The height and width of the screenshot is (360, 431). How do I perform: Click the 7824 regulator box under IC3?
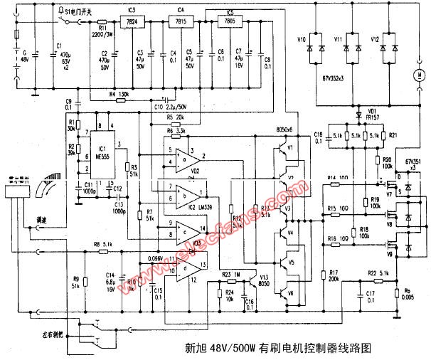pyautogui.click(x=132, y=22)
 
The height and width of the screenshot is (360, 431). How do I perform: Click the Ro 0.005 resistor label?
pyautogui.click(x=407, y=295)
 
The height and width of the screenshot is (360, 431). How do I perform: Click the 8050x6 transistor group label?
pyautogui.click(x=287, y=132)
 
